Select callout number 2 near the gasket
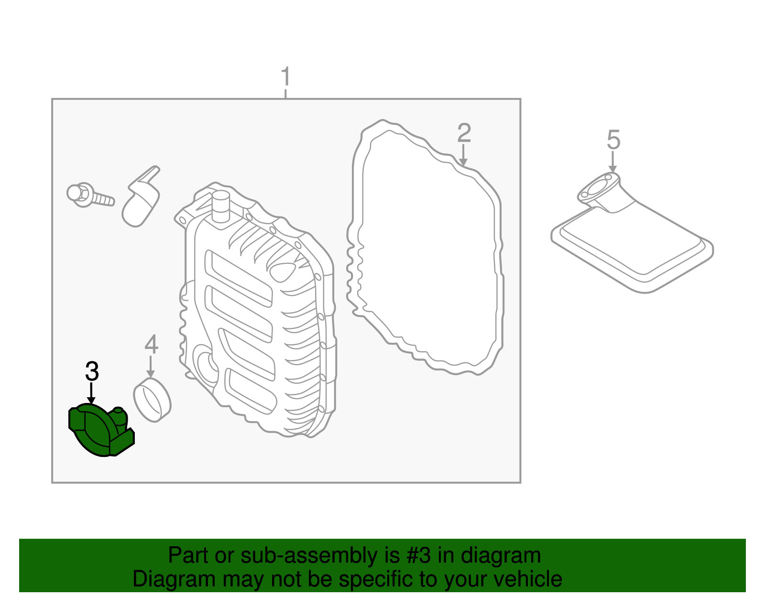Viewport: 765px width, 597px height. click(464, 133)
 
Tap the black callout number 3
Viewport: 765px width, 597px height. click(92, 371)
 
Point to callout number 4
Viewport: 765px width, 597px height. click(151, 344)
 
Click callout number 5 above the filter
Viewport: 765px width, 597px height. click(613, 140)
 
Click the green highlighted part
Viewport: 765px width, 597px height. click(98, 430)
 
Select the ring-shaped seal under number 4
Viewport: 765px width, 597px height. click(152, 400)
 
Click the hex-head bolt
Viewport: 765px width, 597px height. click(89, 195)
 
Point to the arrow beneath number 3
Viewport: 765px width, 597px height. click(91, 395)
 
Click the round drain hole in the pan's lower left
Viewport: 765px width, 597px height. click(205, 366)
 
